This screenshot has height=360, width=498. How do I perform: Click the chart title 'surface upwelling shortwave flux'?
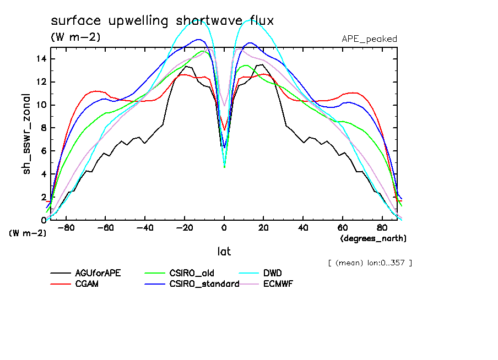[162, 21]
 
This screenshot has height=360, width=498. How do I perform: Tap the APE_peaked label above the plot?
[369, 39]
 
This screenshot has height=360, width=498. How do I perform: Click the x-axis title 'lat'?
[224, 252]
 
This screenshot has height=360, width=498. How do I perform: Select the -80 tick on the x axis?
[66, 227]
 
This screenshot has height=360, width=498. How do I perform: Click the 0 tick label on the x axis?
[224, 227]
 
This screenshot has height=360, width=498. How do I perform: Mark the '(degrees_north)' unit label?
[373, 238]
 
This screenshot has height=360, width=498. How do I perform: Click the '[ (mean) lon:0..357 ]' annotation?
[369, 263]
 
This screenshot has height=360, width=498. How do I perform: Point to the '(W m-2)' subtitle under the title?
[75, 37]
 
